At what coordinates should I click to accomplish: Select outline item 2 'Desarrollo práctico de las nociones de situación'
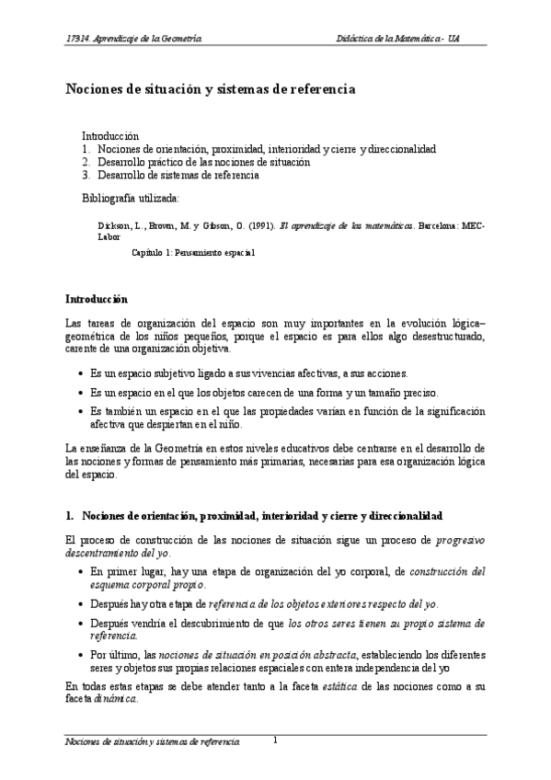point(203,161)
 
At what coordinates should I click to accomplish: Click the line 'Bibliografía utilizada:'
point(131,198)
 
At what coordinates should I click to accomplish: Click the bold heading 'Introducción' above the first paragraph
point(97,299)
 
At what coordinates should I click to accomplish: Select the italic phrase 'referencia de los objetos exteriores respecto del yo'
point(323,603)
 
